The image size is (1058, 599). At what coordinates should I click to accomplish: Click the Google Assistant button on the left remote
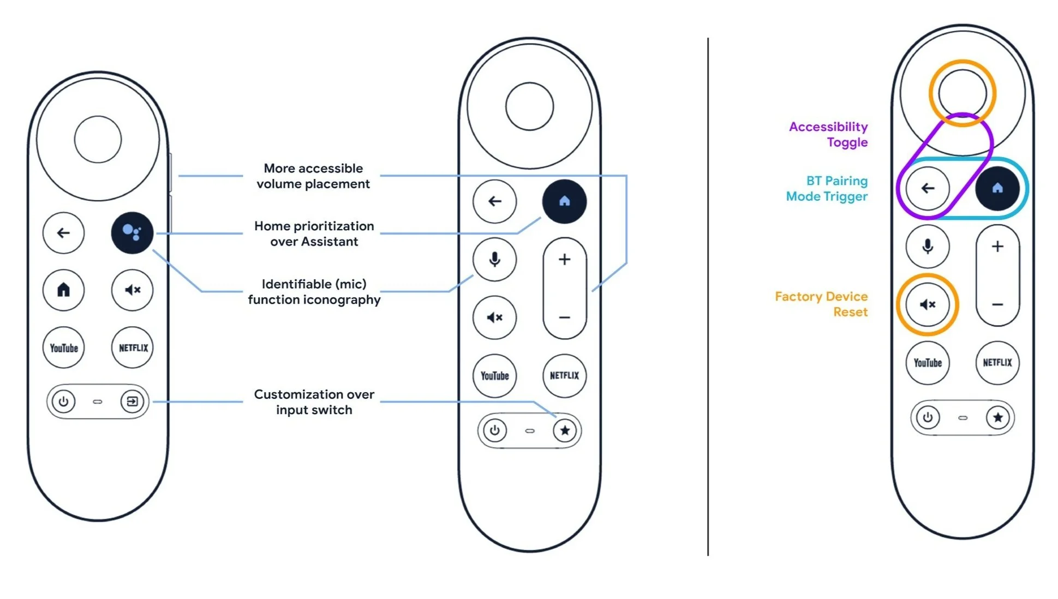pos(132,233)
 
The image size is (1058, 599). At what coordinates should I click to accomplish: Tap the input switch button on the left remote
pos(131,402)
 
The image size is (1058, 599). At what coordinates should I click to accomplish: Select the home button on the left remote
pos(64,290)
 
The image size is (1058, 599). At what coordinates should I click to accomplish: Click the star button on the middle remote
pos(565,430)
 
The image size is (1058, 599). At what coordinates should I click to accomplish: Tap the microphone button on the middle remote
pos(494,259)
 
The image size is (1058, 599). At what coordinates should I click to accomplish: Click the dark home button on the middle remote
pos(564,201)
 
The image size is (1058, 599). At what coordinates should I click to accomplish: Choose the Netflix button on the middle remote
pos(564,375)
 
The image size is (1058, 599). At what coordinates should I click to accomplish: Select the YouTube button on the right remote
pos(928,363)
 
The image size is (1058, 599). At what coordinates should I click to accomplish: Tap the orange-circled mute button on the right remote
pos(928,304)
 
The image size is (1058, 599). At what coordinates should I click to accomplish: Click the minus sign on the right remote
pos(997,304)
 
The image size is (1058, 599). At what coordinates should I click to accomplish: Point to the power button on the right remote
pos(928,418)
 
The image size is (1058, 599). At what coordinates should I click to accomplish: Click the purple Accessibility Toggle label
pos(828,134)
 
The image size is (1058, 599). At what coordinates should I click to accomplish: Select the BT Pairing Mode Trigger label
pos(827,188)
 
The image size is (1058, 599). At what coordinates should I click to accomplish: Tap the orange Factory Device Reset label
pos(821,304)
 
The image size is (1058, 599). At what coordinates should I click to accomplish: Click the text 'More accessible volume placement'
pos(313,176)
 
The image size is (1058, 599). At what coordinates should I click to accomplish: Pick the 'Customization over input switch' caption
pos(314,402)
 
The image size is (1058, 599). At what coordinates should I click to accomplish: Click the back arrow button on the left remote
pos(64,233)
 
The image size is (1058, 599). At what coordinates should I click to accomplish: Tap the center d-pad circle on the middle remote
pos(529,106)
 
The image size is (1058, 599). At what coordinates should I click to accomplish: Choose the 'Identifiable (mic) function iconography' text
pos(314,291)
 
